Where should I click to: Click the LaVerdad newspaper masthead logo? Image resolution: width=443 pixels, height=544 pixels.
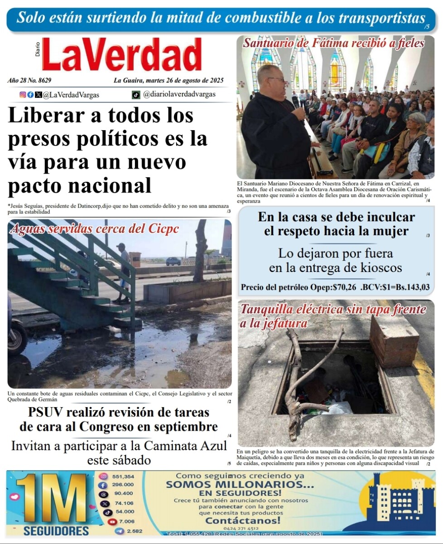click(121, 55)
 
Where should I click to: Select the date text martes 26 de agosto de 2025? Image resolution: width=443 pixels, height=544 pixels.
click(184, 81)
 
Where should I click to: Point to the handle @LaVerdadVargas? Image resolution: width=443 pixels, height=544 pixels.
click(71, 95)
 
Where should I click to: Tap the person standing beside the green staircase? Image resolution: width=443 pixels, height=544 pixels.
click(122, 272)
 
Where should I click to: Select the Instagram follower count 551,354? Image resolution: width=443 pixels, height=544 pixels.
click(123, 476)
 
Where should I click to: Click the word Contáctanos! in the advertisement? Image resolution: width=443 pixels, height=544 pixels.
click(243, 520)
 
